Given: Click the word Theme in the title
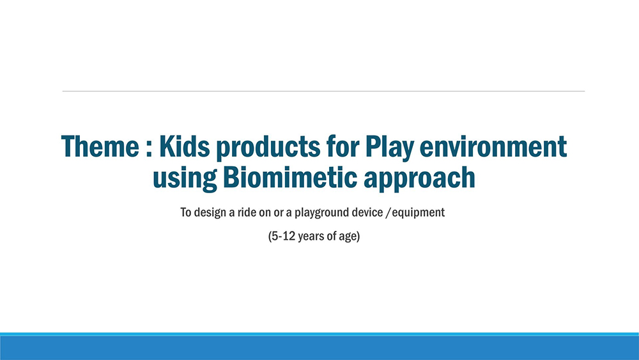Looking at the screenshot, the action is coord(100,146).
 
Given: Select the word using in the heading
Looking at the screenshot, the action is coord(185,180).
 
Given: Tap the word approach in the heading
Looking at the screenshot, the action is coord(419,180).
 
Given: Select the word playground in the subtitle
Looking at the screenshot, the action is coord(317,213).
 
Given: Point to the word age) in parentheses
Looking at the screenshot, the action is coord(350,237).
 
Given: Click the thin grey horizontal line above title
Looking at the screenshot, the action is coord(323,91).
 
